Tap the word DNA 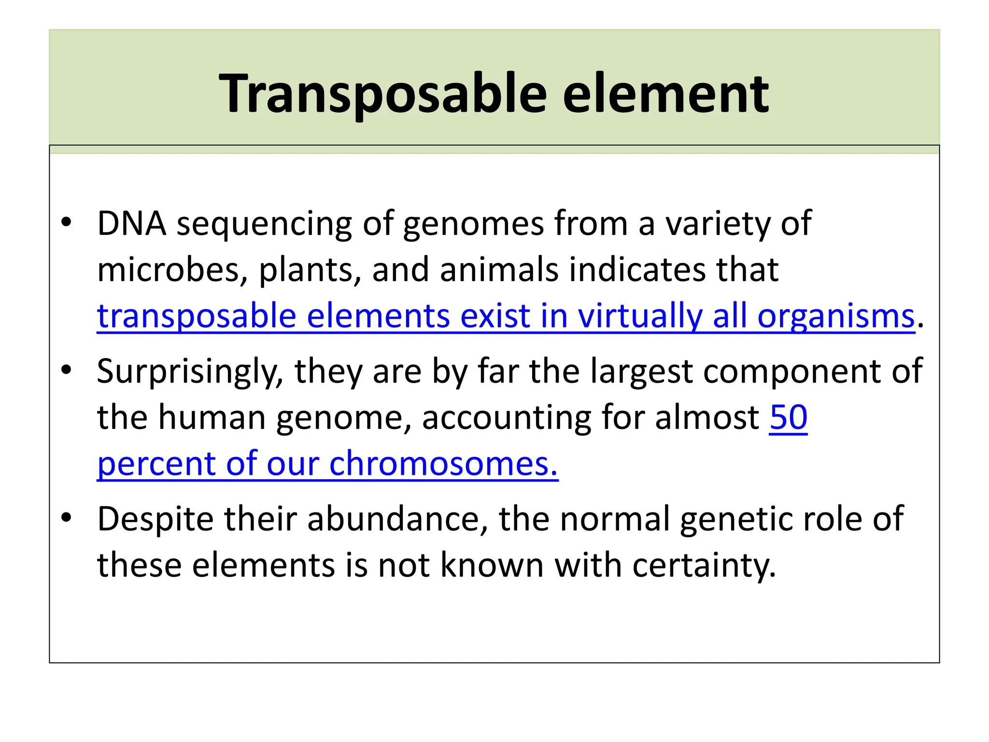[132, 224]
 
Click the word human [212, 417]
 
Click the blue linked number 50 [788, 417]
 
